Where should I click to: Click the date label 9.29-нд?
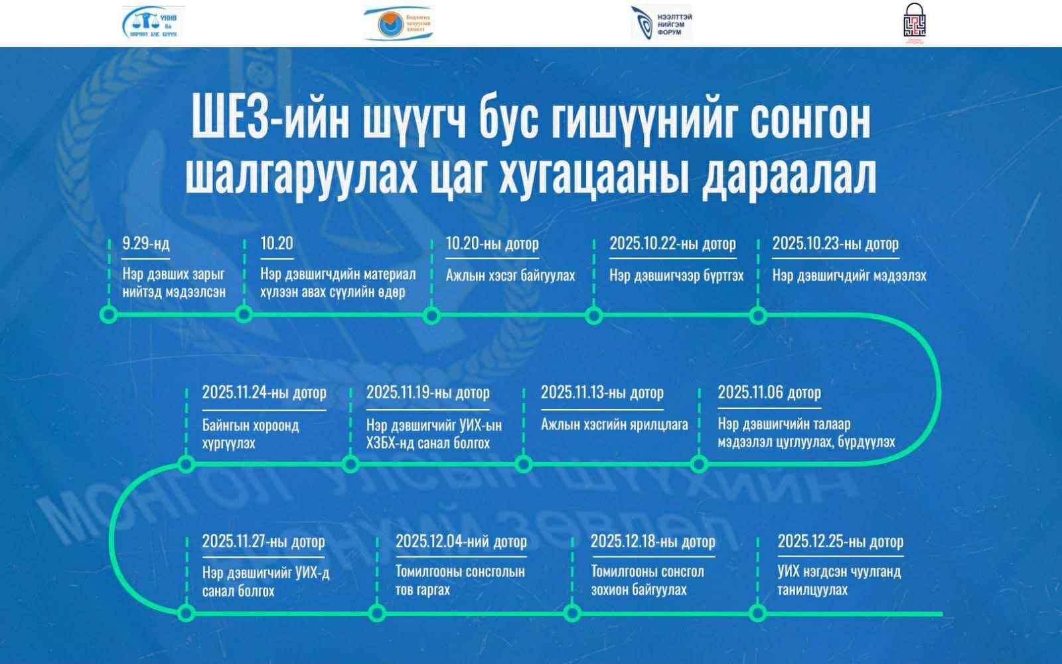[x=146, y=244]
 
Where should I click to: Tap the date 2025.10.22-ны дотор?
[x=672, y=244]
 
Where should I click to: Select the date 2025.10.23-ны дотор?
[x=835, y=244]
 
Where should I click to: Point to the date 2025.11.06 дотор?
[x=769, y=392]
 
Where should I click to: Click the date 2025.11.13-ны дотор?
[x=602, y=392]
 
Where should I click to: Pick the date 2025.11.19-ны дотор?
[x=428, y=392]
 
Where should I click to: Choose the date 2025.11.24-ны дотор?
[x=264, y=392]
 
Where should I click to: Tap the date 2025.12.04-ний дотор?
[x=461, y=542]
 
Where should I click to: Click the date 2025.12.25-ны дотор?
[x=840, y=542]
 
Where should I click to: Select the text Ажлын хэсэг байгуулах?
[x=510, y=275]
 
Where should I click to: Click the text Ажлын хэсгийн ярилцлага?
[x=614, y=424]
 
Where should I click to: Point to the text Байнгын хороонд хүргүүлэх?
[x=250, y=434]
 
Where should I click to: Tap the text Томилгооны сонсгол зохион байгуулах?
[x=647, y=580]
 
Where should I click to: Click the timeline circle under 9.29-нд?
[x=109, y=315]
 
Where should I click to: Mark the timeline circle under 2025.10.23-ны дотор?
[x=758, y=315]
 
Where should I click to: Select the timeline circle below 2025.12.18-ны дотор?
[x=572, y=613]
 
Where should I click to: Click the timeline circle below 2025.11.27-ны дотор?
[x=187, y=613]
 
